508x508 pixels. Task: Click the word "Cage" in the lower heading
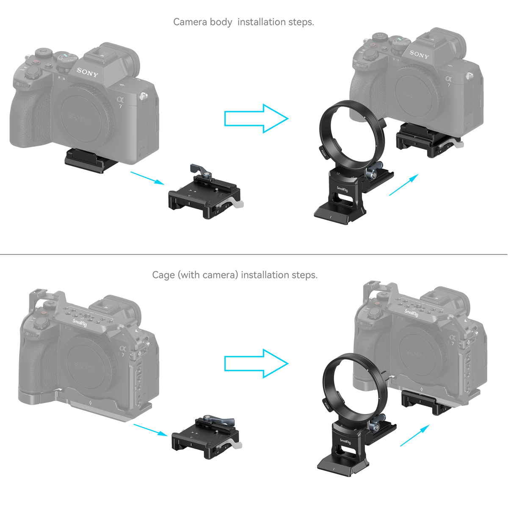pyautogui.click(x=163, y=275)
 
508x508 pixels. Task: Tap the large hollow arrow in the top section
pyautogui.click(x=256, y=119)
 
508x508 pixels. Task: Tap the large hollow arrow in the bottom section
pyautogui.click(x=256, y=363)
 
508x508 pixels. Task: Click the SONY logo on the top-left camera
pyautogui.click(x=87, y=72)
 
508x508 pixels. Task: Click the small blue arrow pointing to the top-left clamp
pyautogui.click(x=147, y=178)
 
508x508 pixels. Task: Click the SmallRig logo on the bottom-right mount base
pyautogui.click(x=345, y=442)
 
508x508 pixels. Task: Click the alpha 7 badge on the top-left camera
pyautogui.click(x=121, y=102)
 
